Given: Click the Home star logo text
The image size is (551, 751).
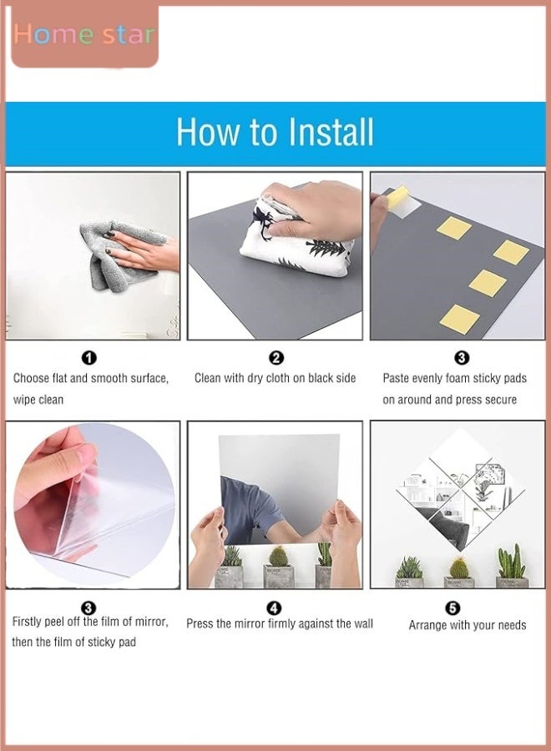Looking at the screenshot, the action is pyautogui.click(x=84, y=34).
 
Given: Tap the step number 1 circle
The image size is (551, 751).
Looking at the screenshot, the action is pyautogui.click(x=89, y=358).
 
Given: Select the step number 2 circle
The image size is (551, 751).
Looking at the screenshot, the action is pyautogui.click(x=276, y=358).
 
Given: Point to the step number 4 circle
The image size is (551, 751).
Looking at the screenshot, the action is pyautogui.click(x=274, y=608).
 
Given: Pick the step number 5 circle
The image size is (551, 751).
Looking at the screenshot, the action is pyautogui.click(x=452, y=608).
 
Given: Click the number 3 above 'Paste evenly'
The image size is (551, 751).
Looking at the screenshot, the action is pyautogui.click(x=462, y=358).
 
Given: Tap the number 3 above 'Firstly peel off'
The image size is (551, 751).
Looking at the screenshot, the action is pyautogui.click(x=88, y=608).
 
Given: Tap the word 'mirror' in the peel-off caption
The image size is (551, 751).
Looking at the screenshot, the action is pyautogui.click(x=151, y=622).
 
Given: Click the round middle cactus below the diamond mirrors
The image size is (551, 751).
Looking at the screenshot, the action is pyautogui.click(x=458, y=567).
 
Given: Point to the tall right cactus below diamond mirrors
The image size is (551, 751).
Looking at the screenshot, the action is pyautogui.click(x=511, y=561).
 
